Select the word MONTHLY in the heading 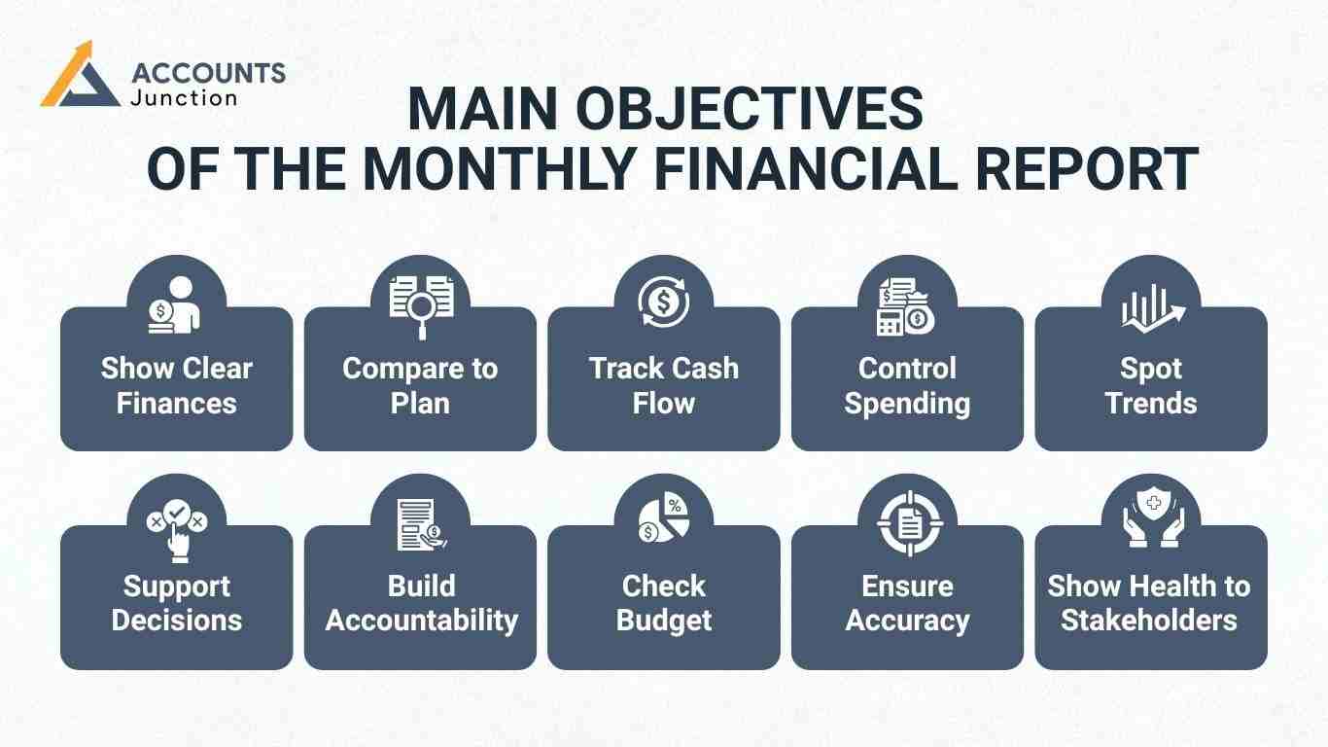coord(501,169)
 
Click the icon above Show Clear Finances coord(177,304)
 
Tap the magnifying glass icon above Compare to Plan coord(421,304)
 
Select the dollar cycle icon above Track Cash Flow coord(664,302)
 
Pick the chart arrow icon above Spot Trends coord(1152,306)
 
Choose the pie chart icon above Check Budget coord(664,520)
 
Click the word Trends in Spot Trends coord(1151,403)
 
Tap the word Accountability coord(421,621)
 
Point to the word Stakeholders coord(1149,621)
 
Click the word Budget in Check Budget coord(664,621)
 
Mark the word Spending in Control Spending coord(907,403)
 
